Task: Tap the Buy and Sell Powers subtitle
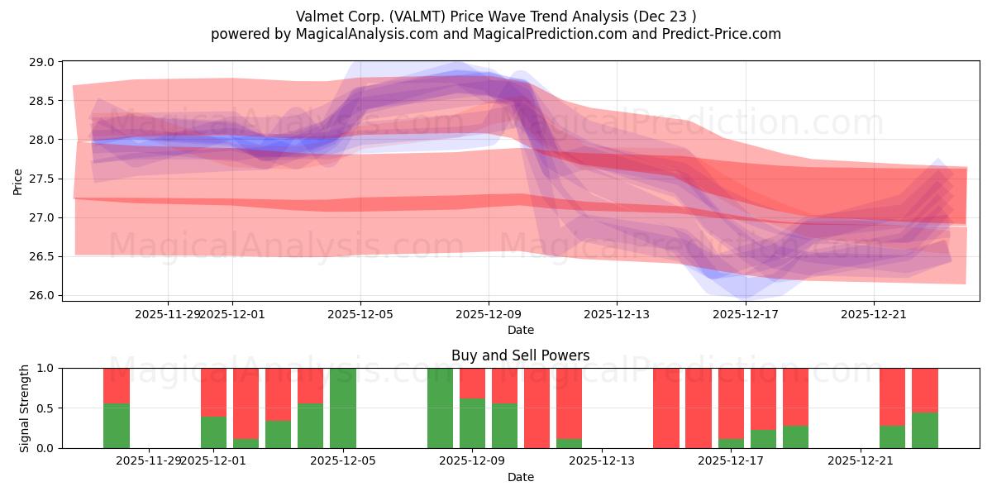tap(520, 355)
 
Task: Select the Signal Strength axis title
tap(25, 408)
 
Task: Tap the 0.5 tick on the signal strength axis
tap(46, 408)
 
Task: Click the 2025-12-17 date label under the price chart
tap(745, 314)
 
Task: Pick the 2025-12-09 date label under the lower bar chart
tap(472, 461)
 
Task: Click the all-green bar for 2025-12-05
tap(343, 408)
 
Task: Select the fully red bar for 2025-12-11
tap(537, 408)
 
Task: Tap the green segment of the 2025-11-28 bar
tap(117, 426)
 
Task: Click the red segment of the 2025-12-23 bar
tap(924, 389)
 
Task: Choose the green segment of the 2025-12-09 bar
tap(472, 423)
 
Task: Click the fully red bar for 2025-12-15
tap(665, 408)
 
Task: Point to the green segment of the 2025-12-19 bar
tap(795, 436)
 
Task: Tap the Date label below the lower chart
tap(520, 477)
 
